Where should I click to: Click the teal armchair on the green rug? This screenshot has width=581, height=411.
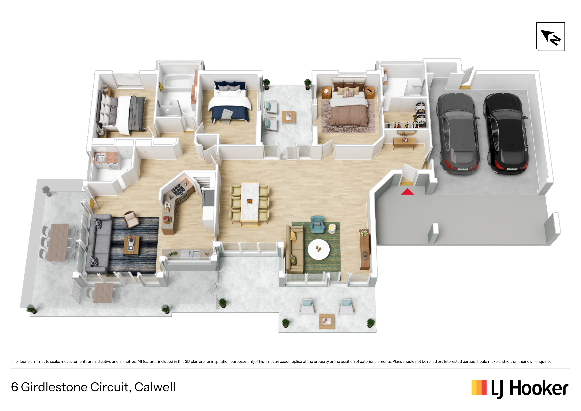[x=317, y=224]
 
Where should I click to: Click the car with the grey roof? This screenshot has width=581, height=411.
[x=458, y=133]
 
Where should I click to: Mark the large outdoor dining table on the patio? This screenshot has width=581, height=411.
[x=58, y=242]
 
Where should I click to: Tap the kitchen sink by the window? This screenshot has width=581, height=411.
[x=192, y=253]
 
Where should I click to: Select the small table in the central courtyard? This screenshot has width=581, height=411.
[x=289, y=117]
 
